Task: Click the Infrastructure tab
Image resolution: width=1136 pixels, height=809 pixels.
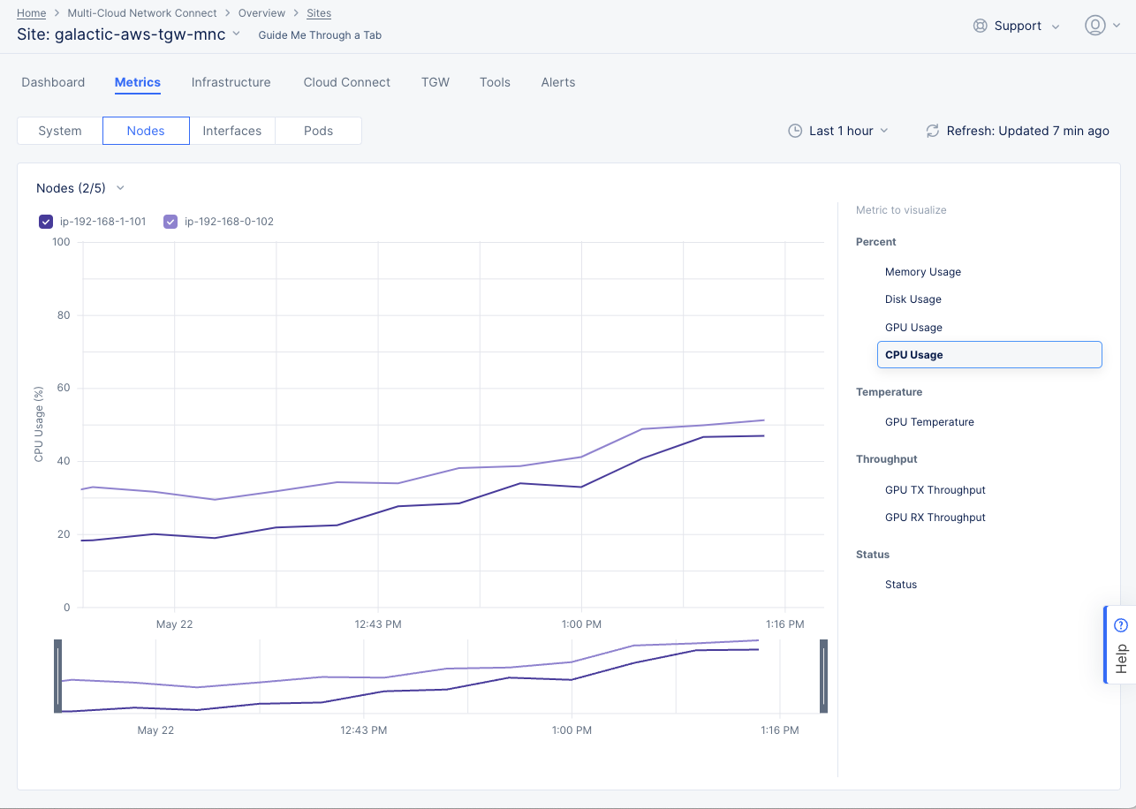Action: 231,82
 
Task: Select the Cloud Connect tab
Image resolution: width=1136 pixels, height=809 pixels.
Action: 346,82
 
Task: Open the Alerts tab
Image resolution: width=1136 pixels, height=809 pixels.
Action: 557,82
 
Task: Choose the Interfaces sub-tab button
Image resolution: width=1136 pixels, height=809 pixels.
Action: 231,131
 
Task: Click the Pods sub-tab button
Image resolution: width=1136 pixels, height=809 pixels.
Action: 318,131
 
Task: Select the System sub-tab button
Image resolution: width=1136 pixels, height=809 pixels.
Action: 60,131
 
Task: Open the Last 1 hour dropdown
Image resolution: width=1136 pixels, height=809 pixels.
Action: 838,131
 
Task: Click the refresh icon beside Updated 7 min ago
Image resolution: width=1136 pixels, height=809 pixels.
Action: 932,131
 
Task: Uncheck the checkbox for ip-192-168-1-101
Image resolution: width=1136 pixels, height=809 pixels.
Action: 47,222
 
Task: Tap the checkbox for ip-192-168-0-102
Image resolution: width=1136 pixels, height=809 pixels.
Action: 171,222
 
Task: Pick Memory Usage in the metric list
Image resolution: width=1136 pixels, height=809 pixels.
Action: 922,272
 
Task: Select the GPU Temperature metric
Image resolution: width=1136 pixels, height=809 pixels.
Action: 929,422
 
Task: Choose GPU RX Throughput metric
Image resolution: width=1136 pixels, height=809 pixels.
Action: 935,518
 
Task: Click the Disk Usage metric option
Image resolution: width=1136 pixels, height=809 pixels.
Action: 913,299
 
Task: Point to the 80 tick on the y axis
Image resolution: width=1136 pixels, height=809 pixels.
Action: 64,315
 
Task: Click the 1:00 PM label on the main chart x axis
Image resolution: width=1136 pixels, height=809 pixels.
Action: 581,624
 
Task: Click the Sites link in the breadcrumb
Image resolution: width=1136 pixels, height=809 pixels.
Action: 319,13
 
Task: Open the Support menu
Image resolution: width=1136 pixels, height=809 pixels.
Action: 1016,26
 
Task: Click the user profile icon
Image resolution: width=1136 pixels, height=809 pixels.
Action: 1094,26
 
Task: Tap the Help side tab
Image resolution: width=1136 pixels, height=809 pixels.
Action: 1120,645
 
